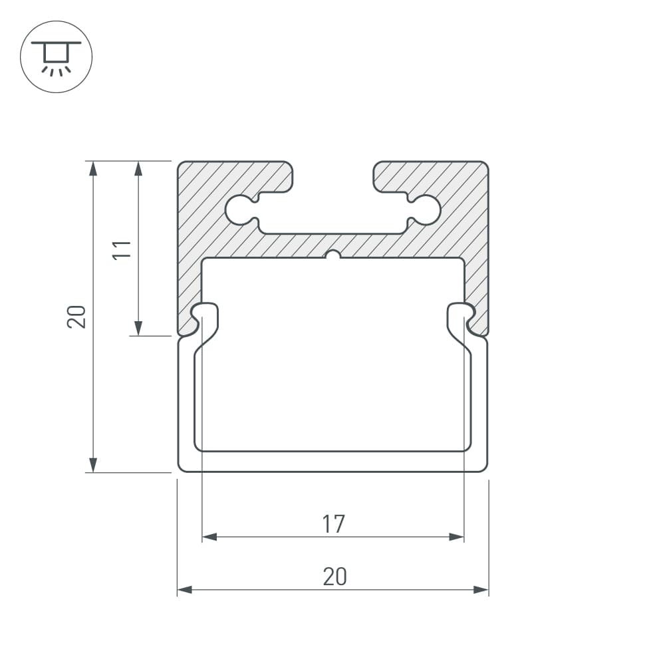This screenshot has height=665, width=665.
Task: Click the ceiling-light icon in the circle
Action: click(x=56, y=58)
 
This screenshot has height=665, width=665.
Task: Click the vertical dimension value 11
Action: click(x=122, y=250)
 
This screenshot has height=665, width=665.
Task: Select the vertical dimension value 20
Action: click(x=76, y=317)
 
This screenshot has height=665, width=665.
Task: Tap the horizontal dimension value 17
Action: click(x=334, y=524)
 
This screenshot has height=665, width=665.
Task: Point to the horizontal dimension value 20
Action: click(x=335, y=577)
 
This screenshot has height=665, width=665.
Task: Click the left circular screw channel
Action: click(x=241, y=210)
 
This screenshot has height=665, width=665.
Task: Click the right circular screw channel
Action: click(x=425, y=210)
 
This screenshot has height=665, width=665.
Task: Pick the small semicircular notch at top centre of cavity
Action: click(x=333, y=255)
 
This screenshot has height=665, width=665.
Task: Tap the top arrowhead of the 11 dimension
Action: click(x=138, y=168)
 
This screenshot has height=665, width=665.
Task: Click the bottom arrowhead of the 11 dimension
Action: click(x=138, y=329)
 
